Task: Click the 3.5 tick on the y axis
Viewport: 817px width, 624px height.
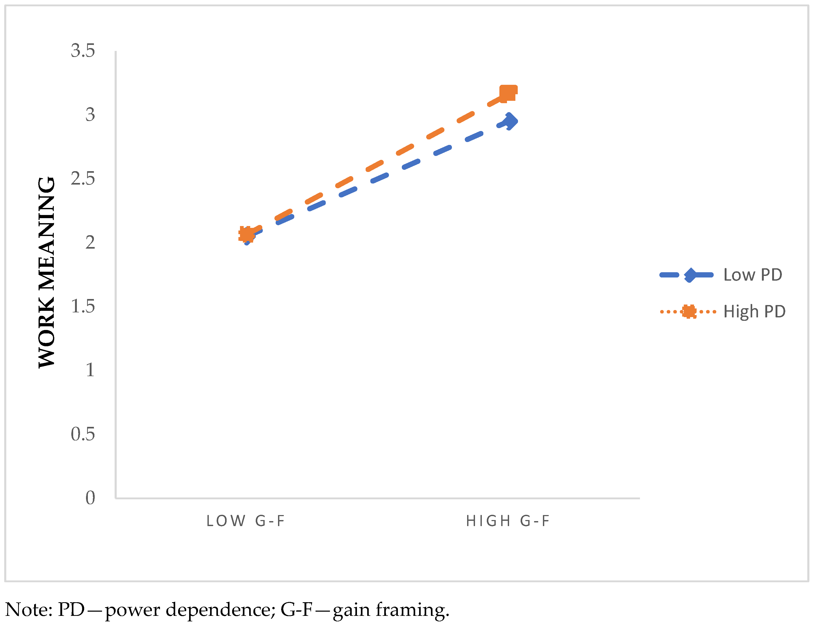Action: click(x=83, y=51)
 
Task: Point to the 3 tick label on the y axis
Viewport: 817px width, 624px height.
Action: click(x=90, y=115)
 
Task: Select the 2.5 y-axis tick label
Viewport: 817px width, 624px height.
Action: click(x=83, y=179)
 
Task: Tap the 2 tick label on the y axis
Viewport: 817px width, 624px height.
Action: click(x=90, y=243)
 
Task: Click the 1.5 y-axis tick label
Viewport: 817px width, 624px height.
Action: click(x=83, y=306)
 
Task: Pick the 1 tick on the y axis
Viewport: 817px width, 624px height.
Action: click(x=90, y=370)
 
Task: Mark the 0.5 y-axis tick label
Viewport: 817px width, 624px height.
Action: click(x=83, y=434)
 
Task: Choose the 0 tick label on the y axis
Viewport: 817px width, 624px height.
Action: click(x=90, y=498)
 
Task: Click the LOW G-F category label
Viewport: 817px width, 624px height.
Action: click(x=245, y=521)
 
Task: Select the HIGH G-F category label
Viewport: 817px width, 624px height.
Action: click(x=508, y=521)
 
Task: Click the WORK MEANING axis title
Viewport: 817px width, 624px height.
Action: click(x=47, y=273)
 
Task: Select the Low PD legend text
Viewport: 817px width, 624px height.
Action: click(x=752, y=275)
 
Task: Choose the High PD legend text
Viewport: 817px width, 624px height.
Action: click(x=754, y=312)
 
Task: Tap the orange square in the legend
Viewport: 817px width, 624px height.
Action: click(x=689, y=312)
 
